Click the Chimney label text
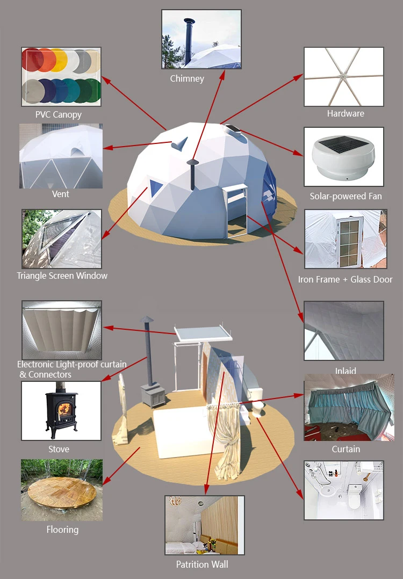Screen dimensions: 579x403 point(187,78)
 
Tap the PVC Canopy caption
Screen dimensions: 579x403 point(59,114)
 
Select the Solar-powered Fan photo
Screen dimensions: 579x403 point(344,157)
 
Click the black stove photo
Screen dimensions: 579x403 point(61,411)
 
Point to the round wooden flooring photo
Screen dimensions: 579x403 point(61,490)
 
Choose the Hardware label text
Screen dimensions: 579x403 point(346,113)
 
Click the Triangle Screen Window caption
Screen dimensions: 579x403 point(62,276)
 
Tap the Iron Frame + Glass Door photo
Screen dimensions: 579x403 point(344,239)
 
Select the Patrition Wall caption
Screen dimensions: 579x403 point(202,564)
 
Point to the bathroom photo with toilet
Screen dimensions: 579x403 point(344,490)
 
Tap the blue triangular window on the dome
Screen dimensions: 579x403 point(156,187)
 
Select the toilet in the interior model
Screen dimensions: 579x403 point(258,408)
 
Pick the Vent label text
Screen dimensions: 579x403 point(61,194)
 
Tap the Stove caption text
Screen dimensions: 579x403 point(59,449)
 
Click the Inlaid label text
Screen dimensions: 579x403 point(346,371)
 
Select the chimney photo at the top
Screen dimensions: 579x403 point(201,39)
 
